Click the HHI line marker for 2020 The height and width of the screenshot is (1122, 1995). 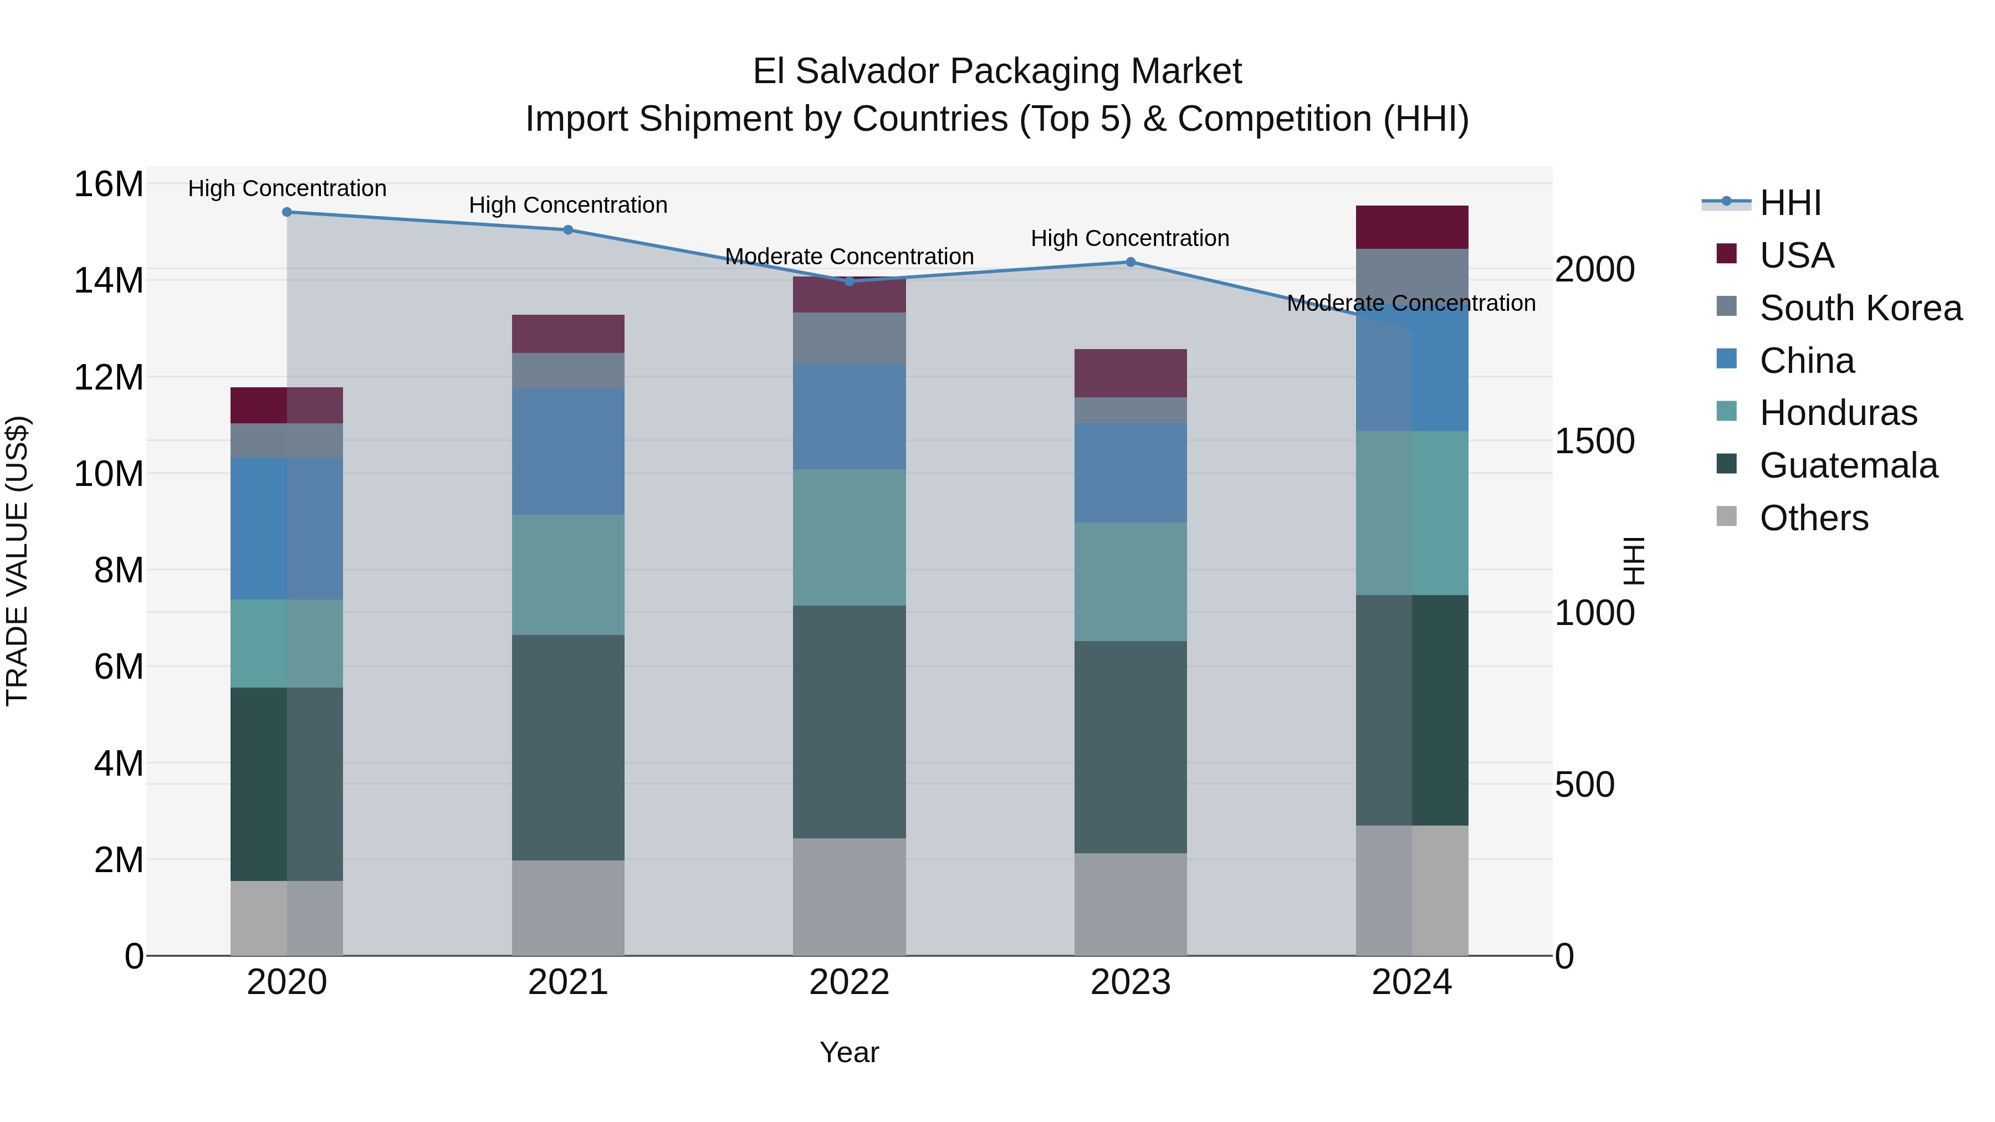click(x=287, y=212)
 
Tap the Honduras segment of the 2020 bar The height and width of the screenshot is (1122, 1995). click(x=287, y=643)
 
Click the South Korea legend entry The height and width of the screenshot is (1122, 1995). click(x=1859, y=308)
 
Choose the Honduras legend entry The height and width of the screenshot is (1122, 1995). click(x=1837, y=413)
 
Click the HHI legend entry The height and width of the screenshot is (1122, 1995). click(x=1789, y=204)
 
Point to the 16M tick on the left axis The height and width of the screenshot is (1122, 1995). click(x=109, y=185)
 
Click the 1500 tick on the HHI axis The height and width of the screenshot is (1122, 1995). click(x=1594, y=442)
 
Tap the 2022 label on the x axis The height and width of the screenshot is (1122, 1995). click(x=849, y=982)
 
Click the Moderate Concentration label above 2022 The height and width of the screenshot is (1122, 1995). click(x=849, y=257)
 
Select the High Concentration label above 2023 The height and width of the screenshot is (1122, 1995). click(x=1130, y=238)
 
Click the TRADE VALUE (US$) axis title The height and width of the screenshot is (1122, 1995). click(x=17, y=561)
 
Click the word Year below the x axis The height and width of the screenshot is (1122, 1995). click(x=849, y=1052)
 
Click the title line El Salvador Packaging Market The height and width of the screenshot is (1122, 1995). click(x=997, y=71)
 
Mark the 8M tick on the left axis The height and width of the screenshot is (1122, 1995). click(x=119, y=571)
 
